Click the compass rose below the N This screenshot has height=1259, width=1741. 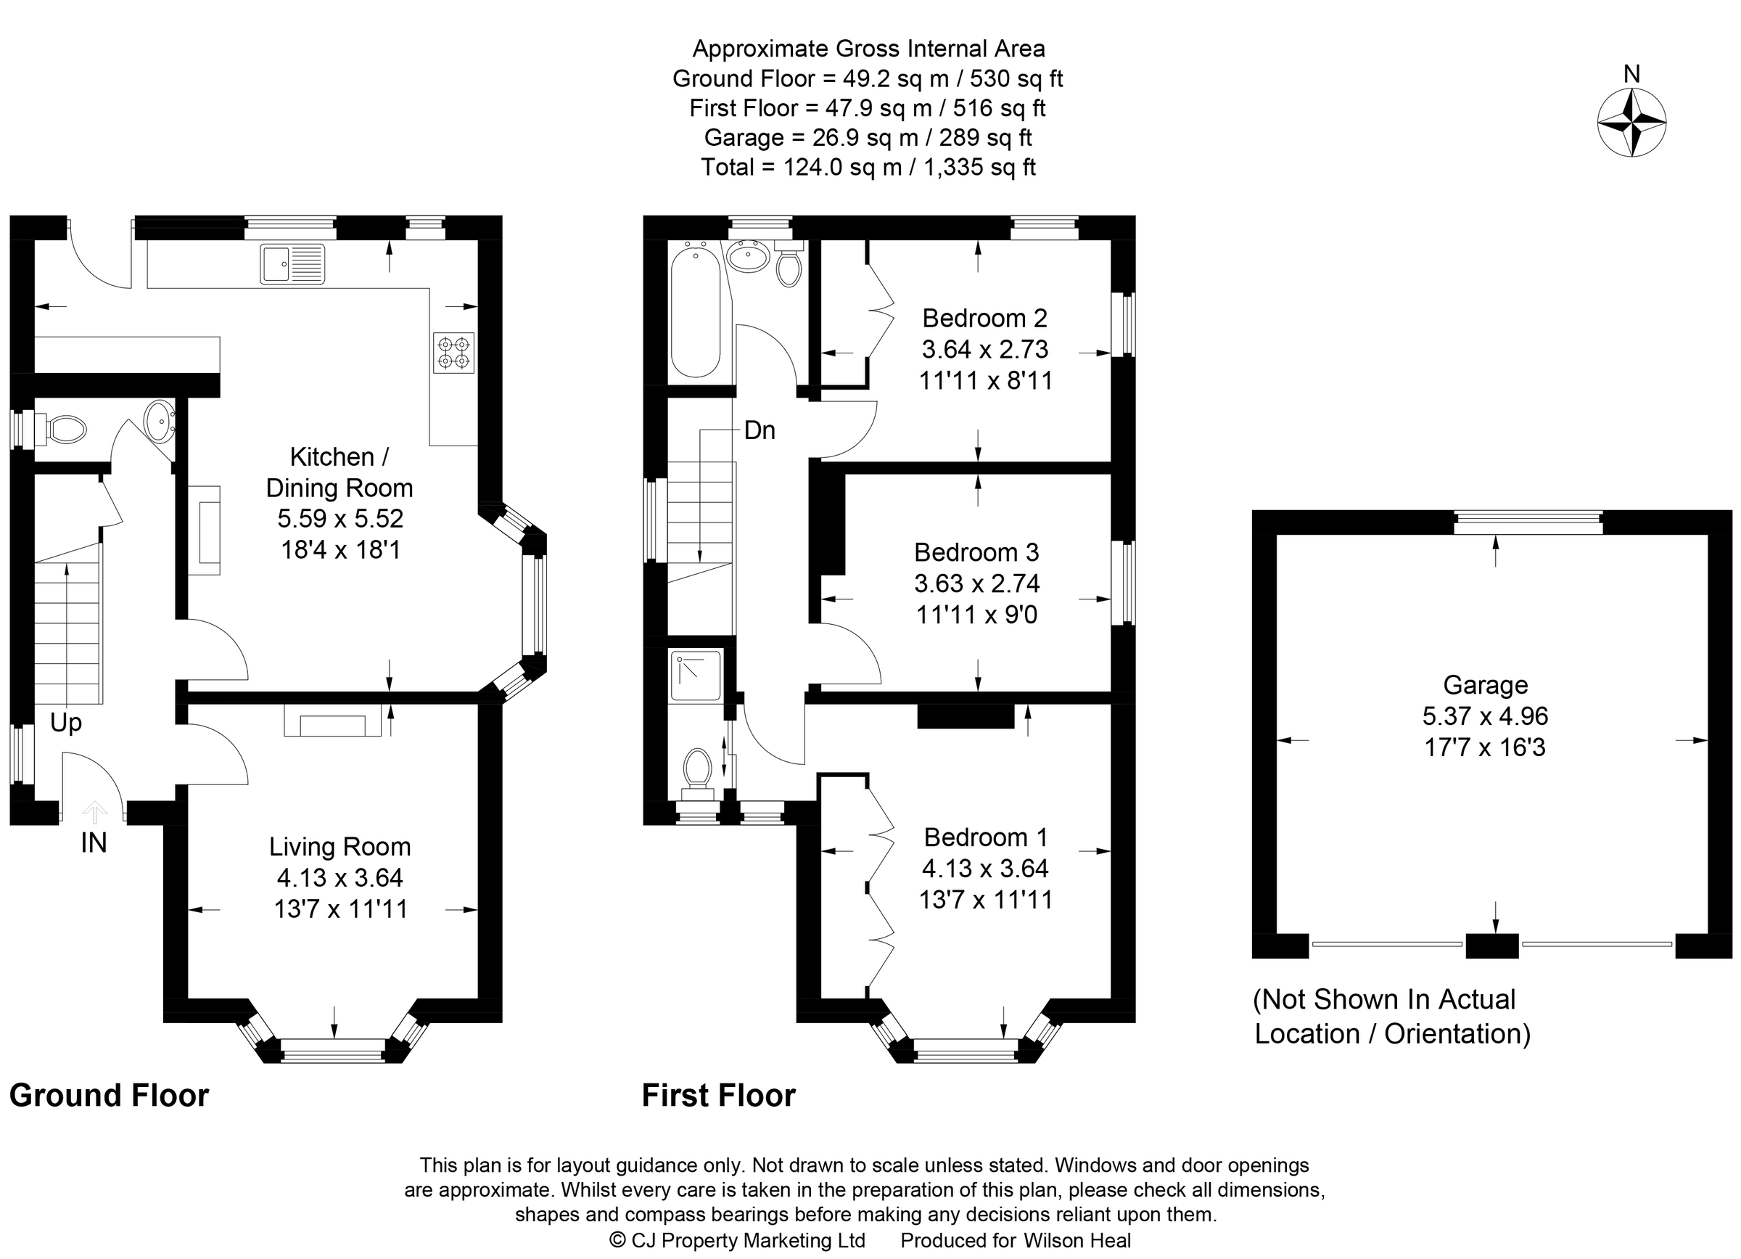(x=1631, y=123)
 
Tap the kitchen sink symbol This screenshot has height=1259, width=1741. (x=292, y=263)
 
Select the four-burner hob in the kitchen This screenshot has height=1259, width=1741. (x=453, y=353)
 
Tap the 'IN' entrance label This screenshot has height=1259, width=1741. (x=94, y=843)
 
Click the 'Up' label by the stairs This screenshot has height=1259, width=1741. (x=66, y=723)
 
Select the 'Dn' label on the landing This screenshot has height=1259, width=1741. (x=760, y=430)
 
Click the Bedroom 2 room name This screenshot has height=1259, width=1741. (x=984, y=318)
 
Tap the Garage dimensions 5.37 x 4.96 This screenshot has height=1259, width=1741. (x=1485, y=715)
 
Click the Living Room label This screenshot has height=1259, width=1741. (x=339, y=847)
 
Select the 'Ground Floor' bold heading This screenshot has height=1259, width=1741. (x=109, y=1096)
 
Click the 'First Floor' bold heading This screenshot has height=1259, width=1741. (x=718, y=1096)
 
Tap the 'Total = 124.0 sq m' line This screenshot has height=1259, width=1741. (x=868, y=168)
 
